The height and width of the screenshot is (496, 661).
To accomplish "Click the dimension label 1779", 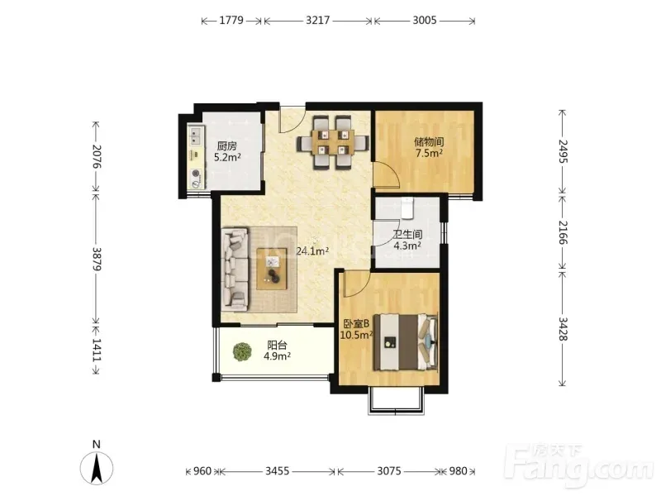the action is point(231,20).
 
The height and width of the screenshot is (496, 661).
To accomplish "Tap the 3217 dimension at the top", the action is point(318,20).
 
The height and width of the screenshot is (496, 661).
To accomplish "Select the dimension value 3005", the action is point(425,20).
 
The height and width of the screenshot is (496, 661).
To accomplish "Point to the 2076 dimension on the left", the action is point(97,156).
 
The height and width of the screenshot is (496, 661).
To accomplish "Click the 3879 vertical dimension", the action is point(97,259).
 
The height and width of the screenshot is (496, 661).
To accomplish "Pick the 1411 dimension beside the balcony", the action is point(97,350).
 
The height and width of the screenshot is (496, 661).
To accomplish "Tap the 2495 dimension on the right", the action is point(563,151).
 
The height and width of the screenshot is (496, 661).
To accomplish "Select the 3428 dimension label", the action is point(563,329).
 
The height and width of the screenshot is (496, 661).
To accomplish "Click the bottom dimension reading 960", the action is point(202,470).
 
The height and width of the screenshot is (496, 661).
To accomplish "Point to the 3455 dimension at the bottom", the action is point(278,470).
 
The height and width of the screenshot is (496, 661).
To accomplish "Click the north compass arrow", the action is point(97,468).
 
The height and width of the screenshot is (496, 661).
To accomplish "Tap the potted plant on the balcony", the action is point(242,352).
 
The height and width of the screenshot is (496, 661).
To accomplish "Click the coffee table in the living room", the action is point(272,269).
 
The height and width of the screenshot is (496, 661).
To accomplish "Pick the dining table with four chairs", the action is point(333,142).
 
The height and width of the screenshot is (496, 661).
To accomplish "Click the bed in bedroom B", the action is point(406,341).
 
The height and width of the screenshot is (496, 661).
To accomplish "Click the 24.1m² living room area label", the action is point(312,252).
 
